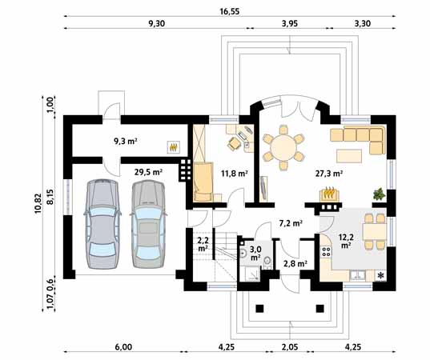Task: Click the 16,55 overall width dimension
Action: coord(230,11)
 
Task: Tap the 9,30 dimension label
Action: coord(157,23)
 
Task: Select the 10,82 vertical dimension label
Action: coord(38,203)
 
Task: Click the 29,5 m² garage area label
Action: coord(148,172)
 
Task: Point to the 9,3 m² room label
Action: coord(126,141)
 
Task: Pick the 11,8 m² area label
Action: coord(235,173)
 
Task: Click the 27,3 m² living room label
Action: coord(329,173)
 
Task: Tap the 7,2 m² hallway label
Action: coord(291,223)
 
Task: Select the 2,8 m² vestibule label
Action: coord(295,263)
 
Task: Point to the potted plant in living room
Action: coord(379,194)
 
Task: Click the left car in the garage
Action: coord(102,224)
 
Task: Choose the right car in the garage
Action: coord(148,224)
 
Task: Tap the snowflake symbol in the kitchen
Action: coord(381,276)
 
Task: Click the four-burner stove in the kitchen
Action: coord(327,251)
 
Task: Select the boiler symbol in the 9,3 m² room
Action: coord(174,147)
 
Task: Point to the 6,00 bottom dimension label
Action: coord(123,347)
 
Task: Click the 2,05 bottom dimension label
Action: coord(290,347)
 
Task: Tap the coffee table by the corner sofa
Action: coord(349,156)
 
